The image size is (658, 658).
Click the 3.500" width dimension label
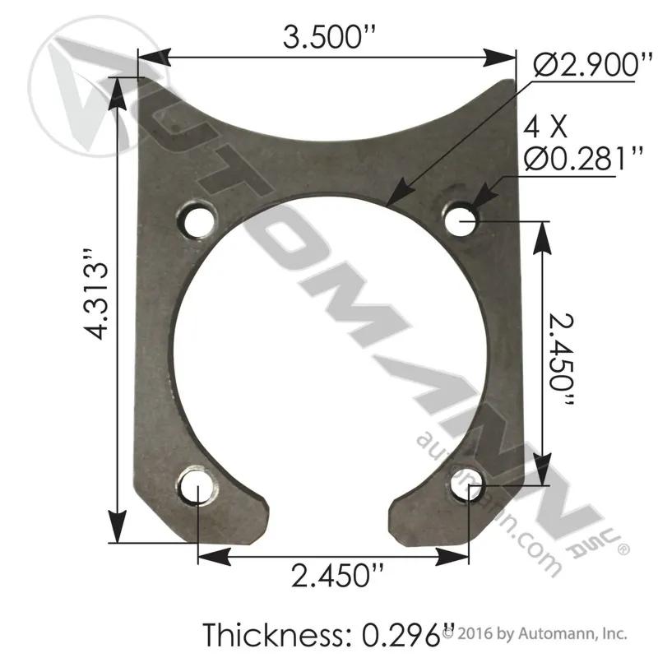[328, 36]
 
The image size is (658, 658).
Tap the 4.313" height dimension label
[97, 294]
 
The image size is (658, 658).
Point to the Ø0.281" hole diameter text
[583, 158]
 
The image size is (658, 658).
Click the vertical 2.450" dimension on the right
[561, 359]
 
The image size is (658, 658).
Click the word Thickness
[276, 634]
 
